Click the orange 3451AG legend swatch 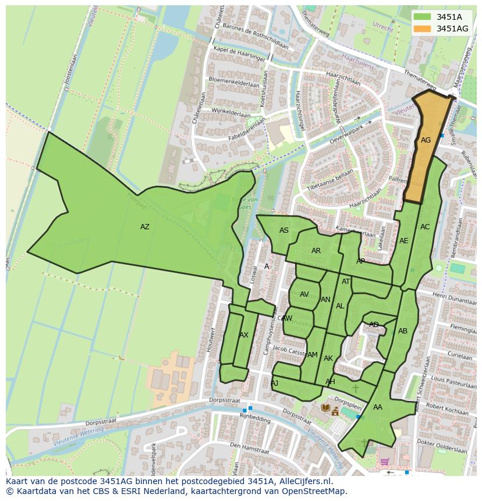423,29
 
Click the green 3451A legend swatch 423,17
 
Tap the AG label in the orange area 426,140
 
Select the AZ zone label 145,227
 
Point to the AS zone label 284,230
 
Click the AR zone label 316,251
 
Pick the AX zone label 244,335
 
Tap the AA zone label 378,407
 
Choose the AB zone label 403,331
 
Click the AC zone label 425,227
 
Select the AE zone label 404,241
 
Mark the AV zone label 304,294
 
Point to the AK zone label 328,358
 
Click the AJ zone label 275,383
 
